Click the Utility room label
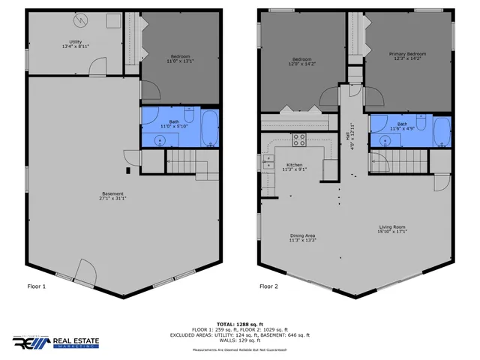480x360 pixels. click(x=75, y=43)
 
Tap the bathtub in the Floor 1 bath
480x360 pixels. click(x=209, y=129)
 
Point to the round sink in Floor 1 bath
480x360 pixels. click(x=160, y=139)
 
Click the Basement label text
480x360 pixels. click(x=113, y=196)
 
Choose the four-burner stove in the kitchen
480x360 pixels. click(x=298, y=139)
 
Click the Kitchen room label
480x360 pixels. click(x=294, y=166)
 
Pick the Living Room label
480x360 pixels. click(x=391, y=229)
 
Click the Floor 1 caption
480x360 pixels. click(x=37, y=286)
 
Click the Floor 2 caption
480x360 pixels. click(x=268, y=286)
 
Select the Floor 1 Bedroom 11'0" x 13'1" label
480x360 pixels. click(x=179, y=58)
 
